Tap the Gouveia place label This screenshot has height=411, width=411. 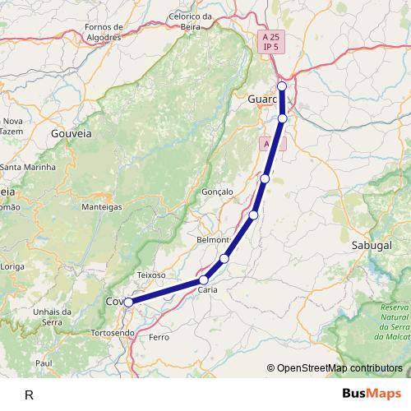[71, 132]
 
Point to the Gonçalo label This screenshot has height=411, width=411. [218, 192]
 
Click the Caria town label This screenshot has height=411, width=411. [208, 290]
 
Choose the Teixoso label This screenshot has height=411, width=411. [151, 275]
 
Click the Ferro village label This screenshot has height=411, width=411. [159, 338]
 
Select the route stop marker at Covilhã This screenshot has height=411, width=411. [129, 302]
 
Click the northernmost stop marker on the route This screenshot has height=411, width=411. [282, 86]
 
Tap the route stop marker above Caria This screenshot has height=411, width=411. [224, 259]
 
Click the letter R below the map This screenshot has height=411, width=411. [29, 395]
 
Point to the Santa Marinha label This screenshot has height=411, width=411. [27, 167]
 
